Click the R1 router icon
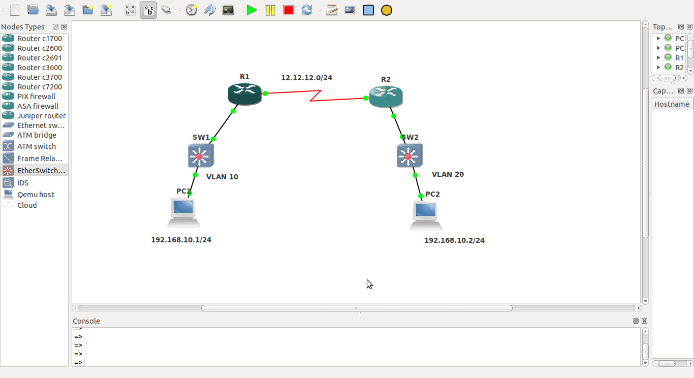245,94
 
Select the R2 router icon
386,97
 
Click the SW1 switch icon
201,155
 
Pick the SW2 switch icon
409,155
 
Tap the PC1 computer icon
183,213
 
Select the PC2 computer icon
426,215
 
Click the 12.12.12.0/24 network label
306,78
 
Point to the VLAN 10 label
222,177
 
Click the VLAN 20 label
448,174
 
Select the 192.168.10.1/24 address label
181,240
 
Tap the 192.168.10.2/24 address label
454,240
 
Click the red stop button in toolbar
289,10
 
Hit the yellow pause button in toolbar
270,10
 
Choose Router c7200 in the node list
39,87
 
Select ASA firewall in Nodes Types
38,106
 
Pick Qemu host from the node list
36,195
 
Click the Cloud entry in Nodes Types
26,205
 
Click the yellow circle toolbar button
386,10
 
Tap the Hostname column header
672,104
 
